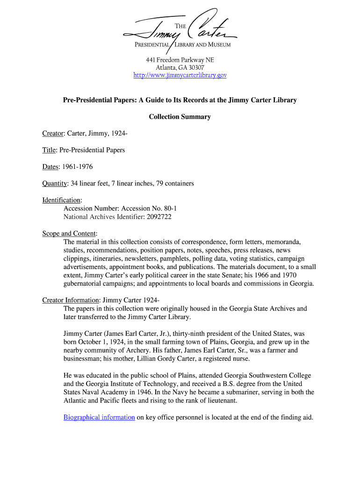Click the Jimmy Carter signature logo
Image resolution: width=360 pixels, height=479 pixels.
pyautogui.click(x=180, y=28)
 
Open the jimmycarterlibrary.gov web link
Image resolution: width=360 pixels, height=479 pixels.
pyautogui.click(x=180, y=75)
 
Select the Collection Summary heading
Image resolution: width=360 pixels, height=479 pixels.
pyautogui.click(x=180, y=117)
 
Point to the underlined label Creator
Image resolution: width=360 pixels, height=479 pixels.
pyautogui.click(x=53, y=134)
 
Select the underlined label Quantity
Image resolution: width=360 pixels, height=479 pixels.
pyautogui.click(x=55, y=183)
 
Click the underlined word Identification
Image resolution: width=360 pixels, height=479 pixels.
pyautogui.click(x=61, y=200)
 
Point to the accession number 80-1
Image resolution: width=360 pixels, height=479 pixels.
pyautogui.click(x=169, y=209)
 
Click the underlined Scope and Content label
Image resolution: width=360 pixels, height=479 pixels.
pyautogui.click(x=69, y=233)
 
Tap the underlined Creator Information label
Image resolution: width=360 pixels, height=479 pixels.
pyautogui.click(x=71, y=300)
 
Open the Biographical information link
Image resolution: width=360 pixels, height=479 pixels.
pyautogui.click(x=99, y=417)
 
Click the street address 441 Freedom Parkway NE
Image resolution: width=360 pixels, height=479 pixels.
pyautogui.click(x=180, y=60)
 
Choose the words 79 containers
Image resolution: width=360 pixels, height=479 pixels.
pyautogui.click(x=173, y=183)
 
